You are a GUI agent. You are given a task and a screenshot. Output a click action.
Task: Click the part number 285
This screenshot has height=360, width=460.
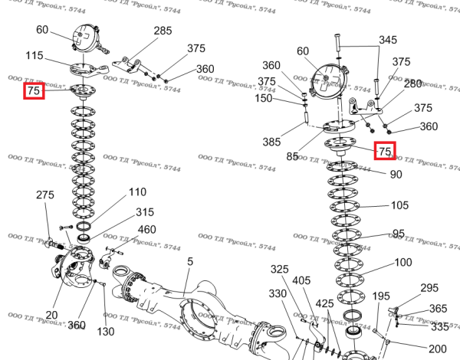point(163,31)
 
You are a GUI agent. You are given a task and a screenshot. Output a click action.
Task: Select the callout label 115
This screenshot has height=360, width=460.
point(55,56)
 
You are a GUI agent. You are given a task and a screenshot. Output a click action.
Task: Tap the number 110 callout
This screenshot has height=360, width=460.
point(137,191)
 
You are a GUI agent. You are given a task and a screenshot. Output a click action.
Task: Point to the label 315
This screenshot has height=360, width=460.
point(145,211)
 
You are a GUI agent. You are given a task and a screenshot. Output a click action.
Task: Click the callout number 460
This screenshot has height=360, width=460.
point(147,229)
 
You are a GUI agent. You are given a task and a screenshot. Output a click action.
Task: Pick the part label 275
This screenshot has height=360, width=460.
point(45,195)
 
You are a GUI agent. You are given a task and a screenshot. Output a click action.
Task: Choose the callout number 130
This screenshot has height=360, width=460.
point(106,332)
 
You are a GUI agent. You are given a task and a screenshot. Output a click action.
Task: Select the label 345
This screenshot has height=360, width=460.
point(388,40)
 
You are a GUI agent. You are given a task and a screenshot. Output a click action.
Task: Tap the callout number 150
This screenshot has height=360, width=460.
point(264,98)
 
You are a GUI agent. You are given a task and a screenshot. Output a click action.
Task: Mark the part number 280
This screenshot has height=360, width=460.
point(413,83)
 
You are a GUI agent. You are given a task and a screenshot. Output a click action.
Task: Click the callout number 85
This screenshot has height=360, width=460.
point(292,157)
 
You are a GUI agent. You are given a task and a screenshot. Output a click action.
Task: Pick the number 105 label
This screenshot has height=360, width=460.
point(400,205)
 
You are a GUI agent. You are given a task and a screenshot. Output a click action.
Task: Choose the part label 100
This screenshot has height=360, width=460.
point(403,262)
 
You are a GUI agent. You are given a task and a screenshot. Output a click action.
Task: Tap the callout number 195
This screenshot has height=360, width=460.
point(381,296)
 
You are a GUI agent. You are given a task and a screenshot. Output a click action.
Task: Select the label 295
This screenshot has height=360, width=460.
point(429,288)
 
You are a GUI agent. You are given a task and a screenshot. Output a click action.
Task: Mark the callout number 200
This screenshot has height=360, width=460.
point(438,349)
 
